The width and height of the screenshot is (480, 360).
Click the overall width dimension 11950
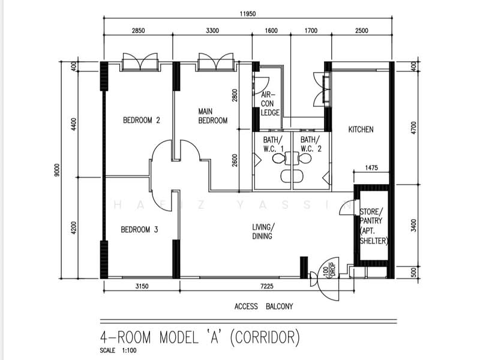pyautogui.click(x=248, y=14)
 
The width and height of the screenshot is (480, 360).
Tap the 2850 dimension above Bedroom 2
pyautogui.click(x=138, y=31)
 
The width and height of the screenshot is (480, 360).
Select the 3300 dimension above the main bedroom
pyautogui.click(x=212, y=31)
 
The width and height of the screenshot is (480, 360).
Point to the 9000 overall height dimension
pyautogui.click(x=57, y=170)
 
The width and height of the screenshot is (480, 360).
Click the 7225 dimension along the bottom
pyautogui.click(x=266, y=286)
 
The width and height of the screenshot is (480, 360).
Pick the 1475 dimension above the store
pyautogui.click(x=371, y=168)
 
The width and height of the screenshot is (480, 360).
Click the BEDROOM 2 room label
pyautogui.click(x=142, y=120)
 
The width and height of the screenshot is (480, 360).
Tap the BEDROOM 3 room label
pyautogui.click(x=139, y=230)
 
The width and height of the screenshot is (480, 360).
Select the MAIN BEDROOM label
pyautogui.click(x=213, y=116)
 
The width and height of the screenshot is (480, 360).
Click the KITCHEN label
pyautogui.click(x=361, y=130)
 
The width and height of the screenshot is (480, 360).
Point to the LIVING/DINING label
pyautogui.click(x=263, y=232)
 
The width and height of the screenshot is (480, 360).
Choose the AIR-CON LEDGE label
pyautogui.click(x=270, y=104)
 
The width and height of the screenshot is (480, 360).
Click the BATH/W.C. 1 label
pyautogui.click(x=274, y=145)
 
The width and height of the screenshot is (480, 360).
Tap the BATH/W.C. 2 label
pyautogui.click(x=311, y=145)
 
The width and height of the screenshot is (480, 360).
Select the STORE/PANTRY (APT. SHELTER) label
pyautogui.click(x=374, y=227)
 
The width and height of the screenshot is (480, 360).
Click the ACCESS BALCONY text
pyautogui.click(x=264, y=307)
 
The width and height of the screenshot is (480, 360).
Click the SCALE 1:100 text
pyautogui.click(x=118, y=350)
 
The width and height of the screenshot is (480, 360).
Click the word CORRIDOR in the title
pyautogui.click(x=265, y=337)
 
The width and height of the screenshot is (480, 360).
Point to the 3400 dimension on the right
pyautogui.click(x=414, y=226)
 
